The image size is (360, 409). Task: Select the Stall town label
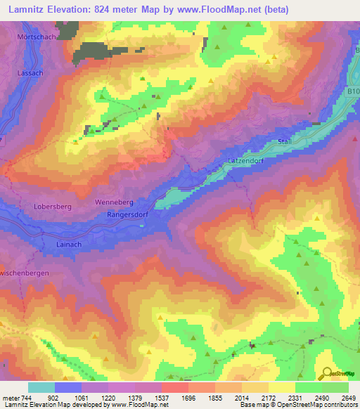(x=285, y=142)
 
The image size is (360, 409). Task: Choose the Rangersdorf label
(x=129, y=215)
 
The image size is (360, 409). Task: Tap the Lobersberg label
(x=53, y=207)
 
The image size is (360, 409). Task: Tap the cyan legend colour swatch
(x=41, y=387)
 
